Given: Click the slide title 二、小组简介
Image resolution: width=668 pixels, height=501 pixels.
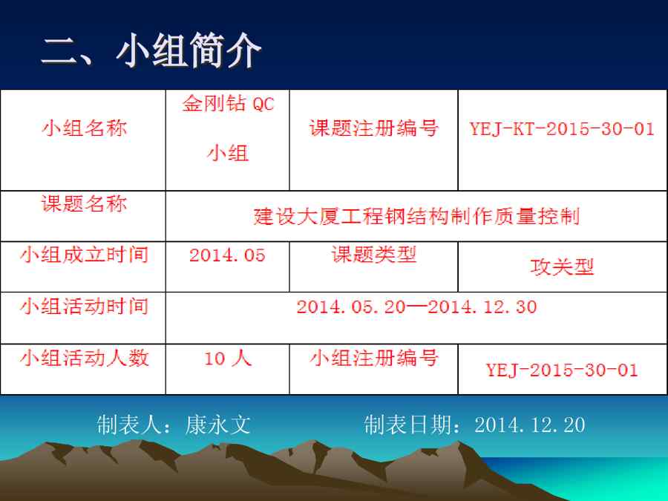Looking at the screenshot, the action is coord(151,51).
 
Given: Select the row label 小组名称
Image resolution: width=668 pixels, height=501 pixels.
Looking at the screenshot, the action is coord(85,128).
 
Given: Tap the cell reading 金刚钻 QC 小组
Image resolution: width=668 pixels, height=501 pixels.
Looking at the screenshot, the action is coord(228,128).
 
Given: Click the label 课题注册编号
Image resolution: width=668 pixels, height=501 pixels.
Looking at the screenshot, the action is coord(374,128).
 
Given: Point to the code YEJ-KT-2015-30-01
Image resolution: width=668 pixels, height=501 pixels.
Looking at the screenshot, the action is coord(562,128).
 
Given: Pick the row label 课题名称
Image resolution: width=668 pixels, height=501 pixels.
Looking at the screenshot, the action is coord(85,203).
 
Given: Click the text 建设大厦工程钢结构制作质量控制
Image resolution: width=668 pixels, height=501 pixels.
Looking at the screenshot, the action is coord(416,217).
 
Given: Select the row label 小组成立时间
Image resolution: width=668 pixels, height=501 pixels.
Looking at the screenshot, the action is coord(85,255).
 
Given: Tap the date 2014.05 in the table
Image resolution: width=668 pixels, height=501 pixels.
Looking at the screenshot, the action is coord(228,255).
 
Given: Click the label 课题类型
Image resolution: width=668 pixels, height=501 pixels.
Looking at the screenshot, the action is coord(374,255).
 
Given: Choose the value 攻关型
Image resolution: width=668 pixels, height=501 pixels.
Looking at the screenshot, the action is coord(562,267).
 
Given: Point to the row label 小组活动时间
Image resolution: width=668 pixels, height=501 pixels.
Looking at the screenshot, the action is coord(85,307).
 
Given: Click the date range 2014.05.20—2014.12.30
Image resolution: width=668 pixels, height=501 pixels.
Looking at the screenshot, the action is coord(416,307).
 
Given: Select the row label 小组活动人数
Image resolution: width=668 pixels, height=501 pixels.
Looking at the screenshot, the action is coord(85,358).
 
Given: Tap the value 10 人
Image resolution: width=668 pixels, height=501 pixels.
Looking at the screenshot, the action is coord(228,358).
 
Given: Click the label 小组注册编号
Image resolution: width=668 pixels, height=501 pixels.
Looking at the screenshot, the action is coord(374,358).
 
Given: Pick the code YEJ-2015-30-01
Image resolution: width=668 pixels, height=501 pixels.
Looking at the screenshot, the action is coord(562,370).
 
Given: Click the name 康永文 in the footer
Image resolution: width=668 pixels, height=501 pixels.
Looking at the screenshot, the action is coord(217,425).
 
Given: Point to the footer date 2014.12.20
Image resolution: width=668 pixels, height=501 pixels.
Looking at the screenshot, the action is coord(529,425).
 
